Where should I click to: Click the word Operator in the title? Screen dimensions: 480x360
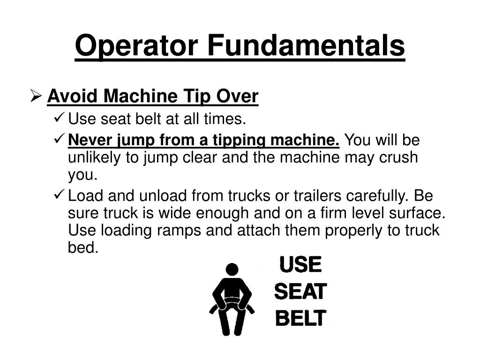136,46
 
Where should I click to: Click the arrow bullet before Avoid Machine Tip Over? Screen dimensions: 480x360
36,96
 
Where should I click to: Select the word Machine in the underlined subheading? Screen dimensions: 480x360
141,96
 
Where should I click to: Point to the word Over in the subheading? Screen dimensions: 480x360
237,96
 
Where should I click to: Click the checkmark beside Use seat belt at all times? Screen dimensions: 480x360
59,117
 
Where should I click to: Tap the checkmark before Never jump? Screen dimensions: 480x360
59,139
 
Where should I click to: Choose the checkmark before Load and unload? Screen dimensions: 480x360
59,195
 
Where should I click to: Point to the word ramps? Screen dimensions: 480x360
179,231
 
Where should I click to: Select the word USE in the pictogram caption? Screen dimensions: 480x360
300,264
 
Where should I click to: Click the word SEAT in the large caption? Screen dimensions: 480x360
300,292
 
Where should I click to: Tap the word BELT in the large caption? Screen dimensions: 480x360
300,318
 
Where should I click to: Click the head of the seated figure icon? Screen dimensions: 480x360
232,270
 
